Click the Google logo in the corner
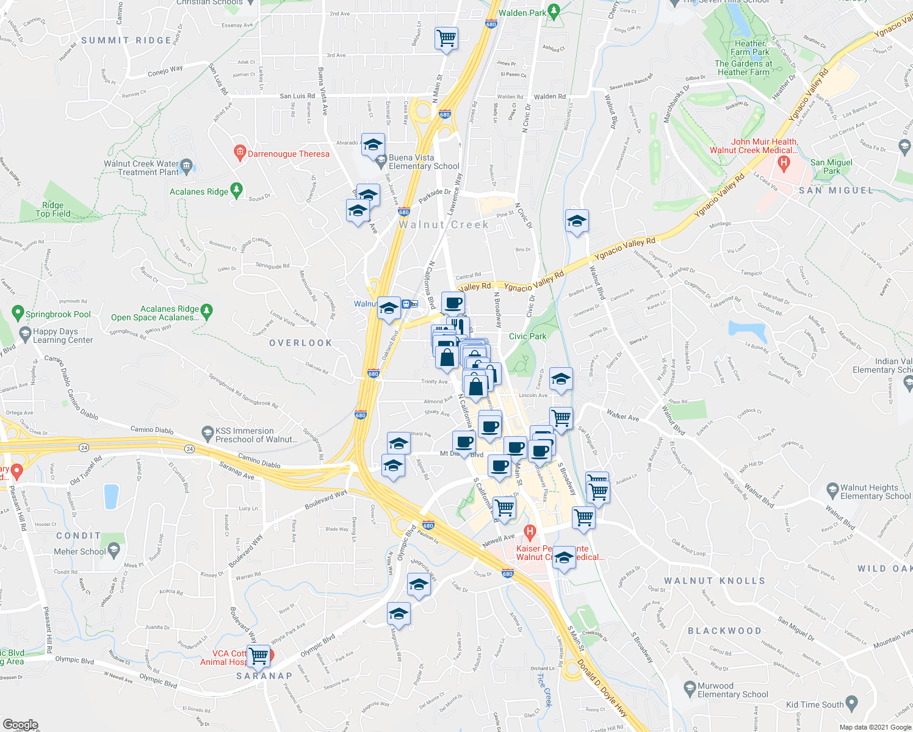[x=20, y=725]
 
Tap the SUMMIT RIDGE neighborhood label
[x=126, y=40]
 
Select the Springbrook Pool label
[x=58, y=315]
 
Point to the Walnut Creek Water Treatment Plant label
[x=141, y=168]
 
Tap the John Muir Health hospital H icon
[x=784, y=163]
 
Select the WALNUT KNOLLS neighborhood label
[x=714, y=581]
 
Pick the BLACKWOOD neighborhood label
[x=724, y=631]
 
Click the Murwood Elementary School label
[x=732, y=690]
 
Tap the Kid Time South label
[x=815, y=705]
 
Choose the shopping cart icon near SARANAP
[x=259, y=656]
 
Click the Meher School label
[x=80, y=551]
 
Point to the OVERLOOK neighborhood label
[x=301, y=343]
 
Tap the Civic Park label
[x=528, y=336]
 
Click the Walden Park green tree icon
[x=554, y=11]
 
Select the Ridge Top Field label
[x=53, y=209]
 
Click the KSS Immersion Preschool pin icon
[x=208, y=433]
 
